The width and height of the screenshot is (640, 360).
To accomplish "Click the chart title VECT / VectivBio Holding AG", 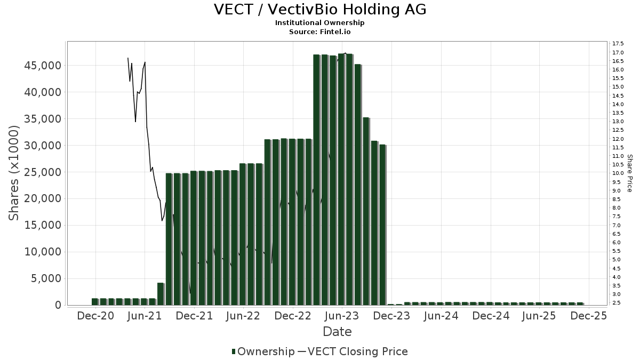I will click(320, 10).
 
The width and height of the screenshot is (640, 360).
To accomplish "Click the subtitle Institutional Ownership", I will click(320, 23).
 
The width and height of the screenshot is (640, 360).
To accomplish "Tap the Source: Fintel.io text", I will click(320, 31).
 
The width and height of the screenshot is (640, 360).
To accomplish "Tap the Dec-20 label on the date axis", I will click(95, 316).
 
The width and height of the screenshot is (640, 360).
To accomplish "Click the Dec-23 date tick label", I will click(391, 316).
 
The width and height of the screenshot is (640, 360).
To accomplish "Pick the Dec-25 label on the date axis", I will click(589, 316).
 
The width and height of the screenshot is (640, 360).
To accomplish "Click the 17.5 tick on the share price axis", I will click(618, 44).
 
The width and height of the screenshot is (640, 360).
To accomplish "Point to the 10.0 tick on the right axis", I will click(618, 173).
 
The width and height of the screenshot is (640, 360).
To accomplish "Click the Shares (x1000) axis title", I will click(14, 173).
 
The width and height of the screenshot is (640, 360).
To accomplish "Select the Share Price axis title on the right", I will click(629, 173).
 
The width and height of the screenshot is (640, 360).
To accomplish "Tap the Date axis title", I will click(337, 332).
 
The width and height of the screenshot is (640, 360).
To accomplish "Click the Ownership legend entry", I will click(263, 351).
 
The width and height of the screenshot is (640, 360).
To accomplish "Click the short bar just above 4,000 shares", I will click(161, 294).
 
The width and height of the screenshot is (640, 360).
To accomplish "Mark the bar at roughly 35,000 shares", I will click(366, 211).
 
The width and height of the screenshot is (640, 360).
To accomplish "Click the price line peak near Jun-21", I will click(145, 62).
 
